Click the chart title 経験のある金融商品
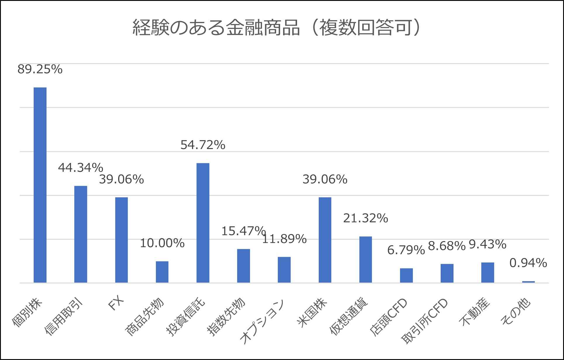[276, 28]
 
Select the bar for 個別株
[40, 185]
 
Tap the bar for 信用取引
[81, 234]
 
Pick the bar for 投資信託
[203, 223]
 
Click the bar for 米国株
[325, 240]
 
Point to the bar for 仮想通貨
[365, 259]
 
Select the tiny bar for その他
[528, 282]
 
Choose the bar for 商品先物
[162, 272]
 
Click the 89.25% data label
[40, 70]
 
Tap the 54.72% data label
[203, 145]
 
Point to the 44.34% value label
[81, 168]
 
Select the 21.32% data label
[365, 218]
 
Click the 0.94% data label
[528, 263]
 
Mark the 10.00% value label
[162, 243]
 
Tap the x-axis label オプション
[262, 321]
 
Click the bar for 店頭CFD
[406, 275]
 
